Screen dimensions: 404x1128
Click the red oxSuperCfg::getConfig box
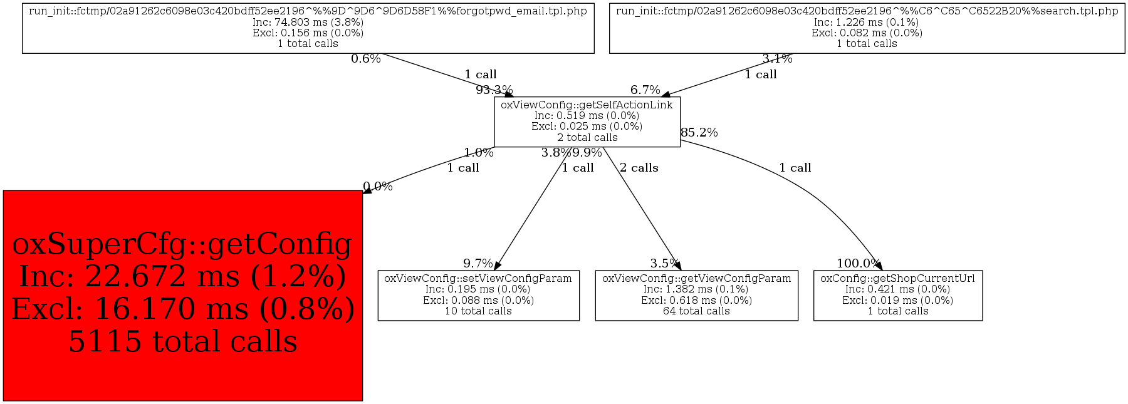(x=182, y=295)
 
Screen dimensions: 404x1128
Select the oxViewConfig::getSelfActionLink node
(x=587, y=122)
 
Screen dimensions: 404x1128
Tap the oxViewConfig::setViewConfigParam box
(x=478, y=295)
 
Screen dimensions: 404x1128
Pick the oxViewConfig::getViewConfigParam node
(x=696, y=295)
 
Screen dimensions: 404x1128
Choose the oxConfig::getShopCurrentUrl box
(x=897, y=295)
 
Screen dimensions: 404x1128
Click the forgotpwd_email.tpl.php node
(x=308, y=28)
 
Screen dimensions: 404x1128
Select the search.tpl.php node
(x=867, y=28)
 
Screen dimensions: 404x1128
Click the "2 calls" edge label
(x=639, y=168)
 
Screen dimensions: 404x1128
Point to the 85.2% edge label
(x=699, y=133)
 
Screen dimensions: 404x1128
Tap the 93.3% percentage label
(x=494, y=90)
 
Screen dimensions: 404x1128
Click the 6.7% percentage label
(x=645, y=90)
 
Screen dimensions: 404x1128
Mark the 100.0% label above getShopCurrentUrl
(x=858, y=264)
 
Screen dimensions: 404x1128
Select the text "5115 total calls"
(x=182, y=341)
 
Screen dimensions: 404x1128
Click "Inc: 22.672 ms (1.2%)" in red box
(x=182, y=276)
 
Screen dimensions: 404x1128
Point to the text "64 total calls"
(x=696, y=311)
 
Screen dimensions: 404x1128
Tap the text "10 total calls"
(x=478, y=311)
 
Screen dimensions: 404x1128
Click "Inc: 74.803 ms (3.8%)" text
(x=308, y=22)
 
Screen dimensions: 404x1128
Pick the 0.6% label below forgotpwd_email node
(x=365, y=59)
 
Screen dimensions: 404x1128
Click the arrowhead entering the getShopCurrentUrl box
(x=879, y=266)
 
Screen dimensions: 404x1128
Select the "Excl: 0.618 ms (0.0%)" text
(x=696, y=300)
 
